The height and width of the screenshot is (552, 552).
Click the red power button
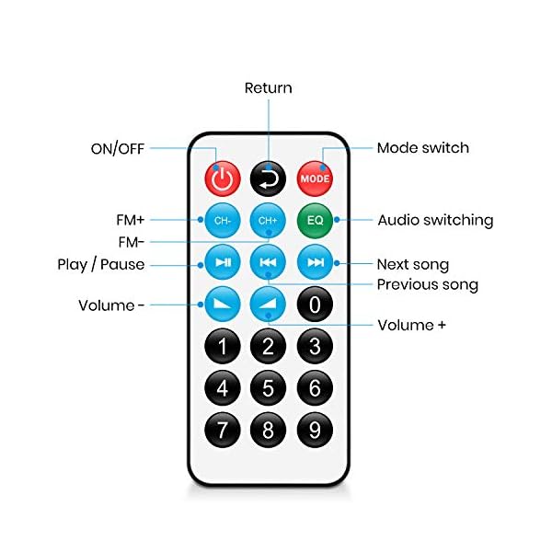tap(222, 178)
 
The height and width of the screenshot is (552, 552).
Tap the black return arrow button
tap(269, 178)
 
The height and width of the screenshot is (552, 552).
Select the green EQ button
tap(316, 221)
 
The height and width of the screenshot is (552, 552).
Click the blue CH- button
tap(222, 221)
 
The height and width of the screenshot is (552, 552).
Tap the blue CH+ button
tap(269, 221)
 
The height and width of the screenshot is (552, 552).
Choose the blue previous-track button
tap(269, 262)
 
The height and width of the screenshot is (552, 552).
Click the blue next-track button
tap(316, 262)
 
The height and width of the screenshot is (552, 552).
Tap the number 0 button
tap(316, 304)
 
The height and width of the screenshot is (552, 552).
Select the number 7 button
tap(222, 429)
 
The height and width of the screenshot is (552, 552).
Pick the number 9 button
tap(316, 429)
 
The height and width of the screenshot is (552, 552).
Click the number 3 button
tap(316, 346)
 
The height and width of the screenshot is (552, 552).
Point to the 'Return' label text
tap(268, 88)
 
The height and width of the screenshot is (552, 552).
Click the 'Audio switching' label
tap(435, 221)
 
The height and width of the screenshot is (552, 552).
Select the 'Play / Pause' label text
tap(98, 266)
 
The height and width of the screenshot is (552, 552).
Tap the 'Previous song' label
tap(427, 285)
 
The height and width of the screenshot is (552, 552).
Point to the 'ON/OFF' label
tap(116, 148)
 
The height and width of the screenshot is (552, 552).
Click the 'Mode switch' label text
tap(422, 148)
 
